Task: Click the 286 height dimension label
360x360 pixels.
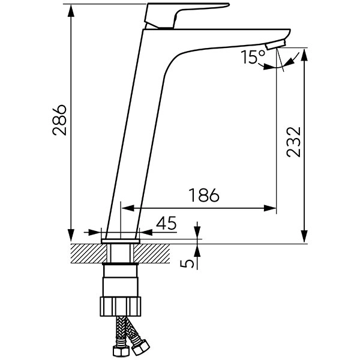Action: click(x=59, y=120)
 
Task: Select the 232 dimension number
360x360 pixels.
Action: click(x=293, y=142)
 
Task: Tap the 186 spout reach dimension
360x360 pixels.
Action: click(x=204, y=196)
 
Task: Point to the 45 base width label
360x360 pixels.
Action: click(x=166, y=223)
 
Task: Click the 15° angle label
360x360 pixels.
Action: click(x=253, y=57)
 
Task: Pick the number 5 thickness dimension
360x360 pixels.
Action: click(x=187, y=264)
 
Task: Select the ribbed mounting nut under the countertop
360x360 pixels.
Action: click(x=121, y=306)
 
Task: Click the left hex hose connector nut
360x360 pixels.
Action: click(x=120, y=350)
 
